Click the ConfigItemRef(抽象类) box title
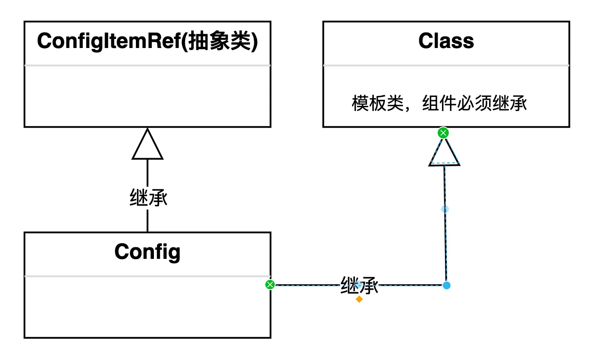(x=147, y=42)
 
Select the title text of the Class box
(x=446, y=42)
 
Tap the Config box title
(x=147, y=252)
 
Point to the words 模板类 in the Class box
(x=372, y=104)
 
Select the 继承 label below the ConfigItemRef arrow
(x=148, y=199)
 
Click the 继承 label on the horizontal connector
(x=359, y=285)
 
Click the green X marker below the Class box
(x=443, y=133)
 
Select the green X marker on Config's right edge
(x=270, y=285)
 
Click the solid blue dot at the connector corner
(x=447, y=285)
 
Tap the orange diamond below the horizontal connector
(x=359, y=299)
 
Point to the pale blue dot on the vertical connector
(x=445, y=209)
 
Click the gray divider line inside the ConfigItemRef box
(x=147, y=66)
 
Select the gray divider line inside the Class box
(x=446, y=66)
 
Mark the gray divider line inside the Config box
(x=147, y=276)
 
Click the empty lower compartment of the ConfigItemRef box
(x=147, y=96)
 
